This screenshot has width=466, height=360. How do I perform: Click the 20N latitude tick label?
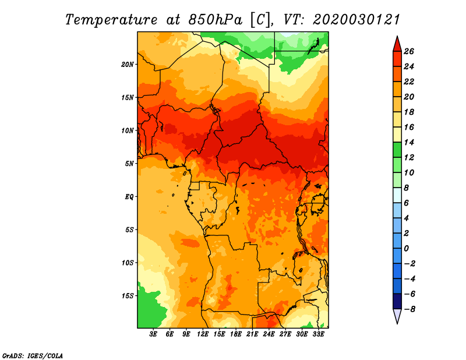pyautogui.click(x=128, y=65)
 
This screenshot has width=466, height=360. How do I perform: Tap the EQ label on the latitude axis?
pyautogui.click(x=129, y=197)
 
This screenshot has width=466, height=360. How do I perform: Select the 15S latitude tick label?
pyautogui.click(x=128, y=296)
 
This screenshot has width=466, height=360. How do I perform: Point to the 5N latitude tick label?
pyautogui.click(x=129, y=164)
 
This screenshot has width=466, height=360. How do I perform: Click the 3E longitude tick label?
pyautogui.click(x=153, y=334)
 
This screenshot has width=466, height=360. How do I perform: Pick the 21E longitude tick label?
pyautogui.click(x=252, y=334)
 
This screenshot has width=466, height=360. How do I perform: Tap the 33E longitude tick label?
pyautogui.click(x=318, y=334)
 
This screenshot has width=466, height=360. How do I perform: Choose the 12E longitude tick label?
pyautogui.click(x=202, y=334)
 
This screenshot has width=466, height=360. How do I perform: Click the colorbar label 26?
pyautogui.click(x=409, y=51)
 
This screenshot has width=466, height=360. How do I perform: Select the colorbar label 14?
pyautogui.click(x=409, y=142)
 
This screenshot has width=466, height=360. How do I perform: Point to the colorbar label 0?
pyautogui.click(x=407, y=249)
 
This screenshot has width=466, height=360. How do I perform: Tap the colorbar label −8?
pyautogui.click(x=409, y=309)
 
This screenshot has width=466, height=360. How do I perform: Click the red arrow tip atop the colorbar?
pyautogui.click(x=397, y=36)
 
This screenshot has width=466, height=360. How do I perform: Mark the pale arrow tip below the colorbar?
pyautogui.click(x=397, y=323)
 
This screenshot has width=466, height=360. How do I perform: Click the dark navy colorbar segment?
pyautogui.click(x=397, y=301)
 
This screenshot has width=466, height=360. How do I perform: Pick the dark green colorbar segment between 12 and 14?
pyautogui.click(x=397, y=150)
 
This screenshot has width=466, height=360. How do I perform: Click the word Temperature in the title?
pyautogui.click(x=111, y=20)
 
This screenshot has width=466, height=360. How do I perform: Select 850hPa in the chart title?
pyautogui.click(x=215, y=20)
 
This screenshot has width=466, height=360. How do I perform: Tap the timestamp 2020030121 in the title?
pyautogui.click(x=356, y=20)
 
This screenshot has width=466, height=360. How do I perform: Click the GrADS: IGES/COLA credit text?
pyautogui.click(x=33, y=355)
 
